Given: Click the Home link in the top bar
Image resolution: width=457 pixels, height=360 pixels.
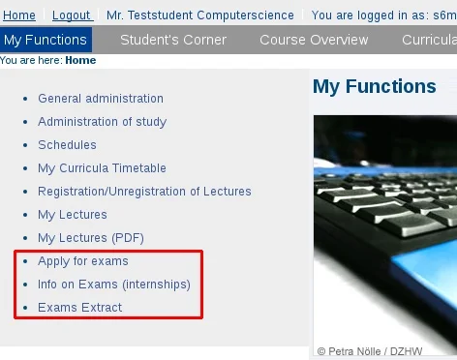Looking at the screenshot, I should click(19, 15).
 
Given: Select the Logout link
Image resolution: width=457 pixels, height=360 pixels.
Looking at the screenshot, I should click(72, 15).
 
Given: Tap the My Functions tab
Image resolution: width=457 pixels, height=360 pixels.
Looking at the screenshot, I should click(46, 40).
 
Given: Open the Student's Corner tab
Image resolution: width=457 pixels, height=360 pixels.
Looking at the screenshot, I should click(173, 40).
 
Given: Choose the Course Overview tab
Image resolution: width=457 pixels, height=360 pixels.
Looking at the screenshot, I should click(315, 40).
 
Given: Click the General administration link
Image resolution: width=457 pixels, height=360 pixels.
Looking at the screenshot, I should click(101, 99).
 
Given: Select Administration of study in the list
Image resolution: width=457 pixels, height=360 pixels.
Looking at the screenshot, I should click(102, 122).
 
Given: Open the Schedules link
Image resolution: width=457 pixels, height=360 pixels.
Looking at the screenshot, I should click(67, 145).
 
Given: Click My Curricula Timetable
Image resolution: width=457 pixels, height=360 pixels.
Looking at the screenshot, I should click(102, 168).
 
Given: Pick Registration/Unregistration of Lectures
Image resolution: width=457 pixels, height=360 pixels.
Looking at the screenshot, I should click(144, 192).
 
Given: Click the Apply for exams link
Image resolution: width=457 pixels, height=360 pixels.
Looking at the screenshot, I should click(83, 261).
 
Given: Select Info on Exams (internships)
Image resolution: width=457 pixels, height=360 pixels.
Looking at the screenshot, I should click(114, 285).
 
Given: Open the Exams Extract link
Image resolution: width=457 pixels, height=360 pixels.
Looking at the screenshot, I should click(80, 308).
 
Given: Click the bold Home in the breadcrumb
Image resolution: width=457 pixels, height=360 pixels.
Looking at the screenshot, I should click(80, 60).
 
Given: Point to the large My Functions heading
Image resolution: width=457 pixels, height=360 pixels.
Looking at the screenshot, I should click(375, 87).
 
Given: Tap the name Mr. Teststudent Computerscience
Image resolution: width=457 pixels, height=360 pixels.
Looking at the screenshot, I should click(203, 15).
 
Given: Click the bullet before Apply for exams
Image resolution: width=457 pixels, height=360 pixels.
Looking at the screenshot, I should click(25, 261).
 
